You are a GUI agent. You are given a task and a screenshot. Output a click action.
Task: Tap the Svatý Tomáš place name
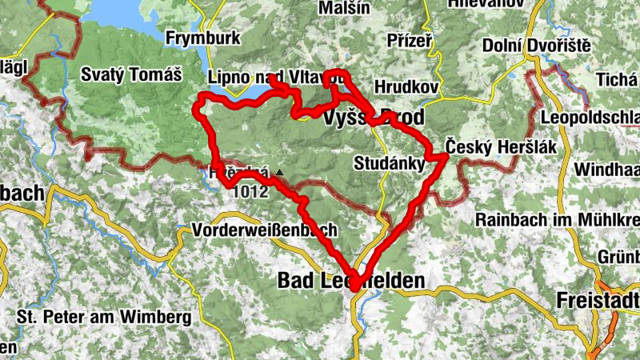(132, 76)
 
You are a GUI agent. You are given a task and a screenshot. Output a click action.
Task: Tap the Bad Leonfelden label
(350, 279)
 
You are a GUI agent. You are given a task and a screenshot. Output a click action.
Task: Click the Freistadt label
(599, 301)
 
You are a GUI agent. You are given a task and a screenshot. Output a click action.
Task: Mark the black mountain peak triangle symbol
(278, 172)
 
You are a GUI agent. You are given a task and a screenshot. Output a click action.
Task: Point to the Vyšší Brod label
(374, 118)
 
